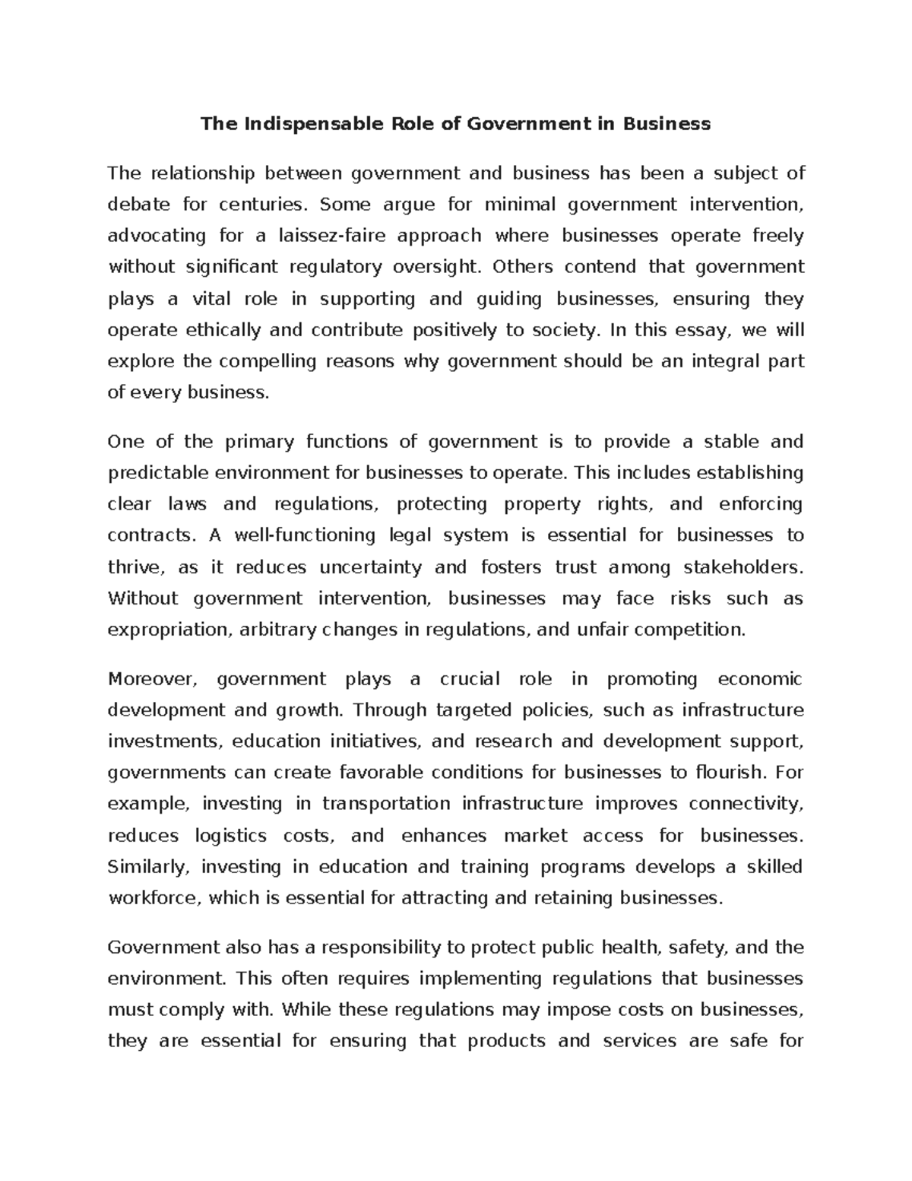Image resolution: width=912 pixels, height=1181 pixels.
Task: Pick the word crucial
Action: pos(470,679)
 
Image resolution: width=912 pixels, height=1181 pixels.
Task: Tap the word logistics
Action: pos(231,836)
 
